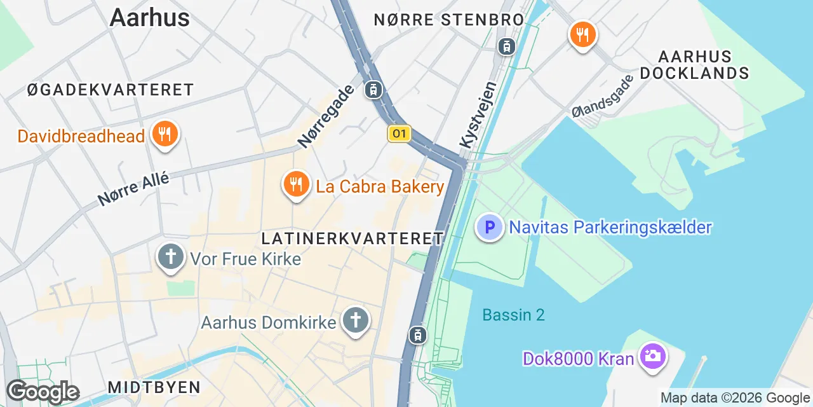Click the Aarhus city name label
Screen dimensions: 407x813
tap(149, 17)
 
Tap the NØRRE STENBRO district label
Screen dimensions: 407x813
tap(448, 20)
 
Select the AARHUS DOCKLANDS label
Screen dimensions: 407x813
tap(694, 65)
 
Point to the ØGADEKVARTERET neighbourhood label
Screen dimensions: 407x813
tap(111, 90)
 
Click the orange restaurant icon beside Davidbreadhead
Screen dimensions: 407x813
tap(165, 134)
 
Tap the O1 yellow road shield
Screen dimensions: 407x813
tap(399, 134)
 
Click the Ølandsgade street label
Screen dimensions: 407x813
tap(602, 96)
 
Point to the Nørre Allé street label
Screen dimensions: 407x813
tap(134, 189)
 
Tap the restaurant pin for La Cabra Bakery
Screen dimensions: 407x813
tap(295, 184)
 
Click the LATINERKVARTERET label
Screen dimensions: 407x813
tap(353, 238)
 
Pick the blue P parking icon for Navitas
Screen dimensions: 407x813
tap(490, 226)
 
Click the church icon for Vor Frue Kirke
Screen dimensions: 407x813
tap(170, 258)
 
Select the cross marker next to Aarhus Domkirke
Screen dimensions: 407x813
tap(356, 321)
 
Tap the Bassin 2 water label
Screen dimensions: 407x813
tap(513, 315)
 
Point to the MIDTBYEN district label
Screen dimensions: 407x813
tap(154, 387)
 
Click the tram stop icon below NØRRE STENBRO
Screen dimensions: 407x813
tap(507, 46)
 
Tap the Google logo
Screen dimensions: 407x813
tap(43, 392)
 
